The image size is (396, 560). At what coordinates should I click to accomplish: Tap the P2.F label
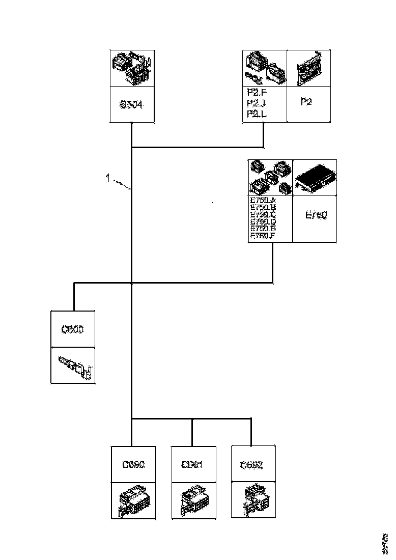coord(256,93)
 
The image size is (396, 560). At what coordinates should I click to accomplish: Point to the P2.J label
coord(256,103)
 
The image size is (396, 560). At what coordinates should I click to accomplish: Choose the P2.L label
coord(256,114)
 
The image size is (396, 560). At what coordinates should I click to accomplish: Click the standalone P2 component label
coord(306,102)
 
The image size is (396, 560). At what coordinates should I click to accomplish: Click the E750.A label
coord(263,200)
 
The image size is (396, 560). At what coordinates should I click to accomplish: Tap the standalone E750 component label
coord(316,215)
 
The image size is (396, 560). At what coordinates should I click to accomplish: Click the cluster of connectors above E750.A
coord(270,178)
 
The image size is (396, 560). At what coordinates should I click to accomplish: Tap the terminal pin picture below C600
coord(76,366)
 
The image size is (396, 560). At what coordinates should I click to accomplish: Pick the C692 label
coord(252,465)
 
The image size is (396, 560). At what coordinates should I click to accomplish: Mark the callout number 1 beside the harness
coord(107,178)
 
